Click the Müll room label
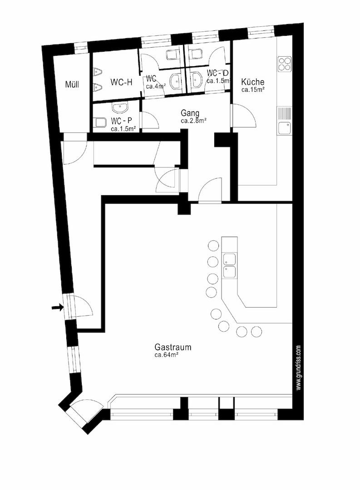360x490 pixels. [72, 84]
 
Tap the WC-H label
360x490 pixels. [121, 82]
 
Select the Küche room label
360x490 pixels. [253, 82]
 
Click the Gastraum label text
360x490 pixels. [173, 348]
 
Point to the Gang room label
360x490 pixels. [190, 113]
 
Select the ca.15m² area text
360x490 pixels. [253, 90]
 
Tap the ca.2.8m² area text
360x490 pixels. [194, 121]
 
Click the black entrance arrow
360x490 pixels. [57, 308]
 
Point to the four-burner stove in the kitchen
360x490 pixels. [284, 64]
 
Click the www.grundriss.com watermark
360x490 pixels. [298, 367]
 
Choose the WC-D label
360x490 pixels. [217, 73]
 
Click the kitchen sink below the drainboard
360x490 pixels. [284, 128]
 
